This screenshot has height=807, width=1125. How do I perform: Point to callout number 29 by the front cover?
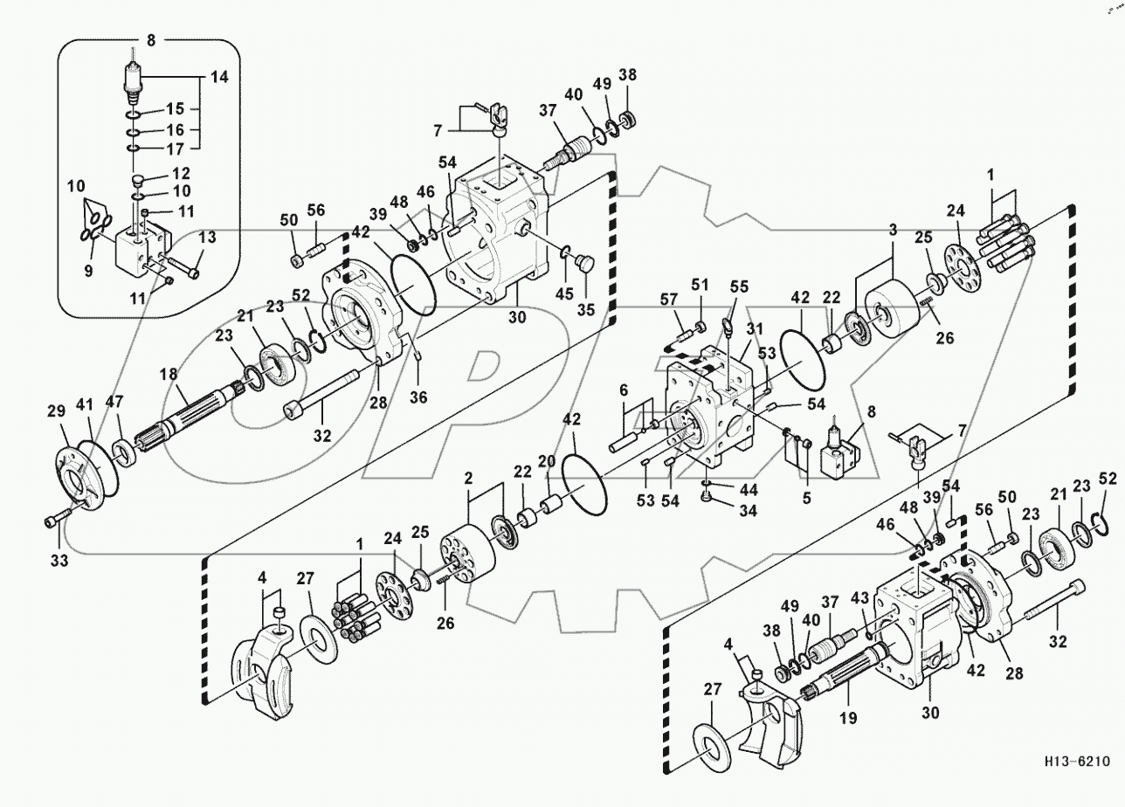coord(56,410)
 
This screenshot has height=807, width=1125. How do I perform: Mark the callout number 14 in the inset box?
coord(218,78)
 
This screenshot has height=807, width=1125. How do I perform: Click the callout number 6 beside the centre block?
coord(625,388)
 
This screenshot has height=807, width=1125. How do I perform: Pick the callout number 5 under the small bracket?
coord(806,500)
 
